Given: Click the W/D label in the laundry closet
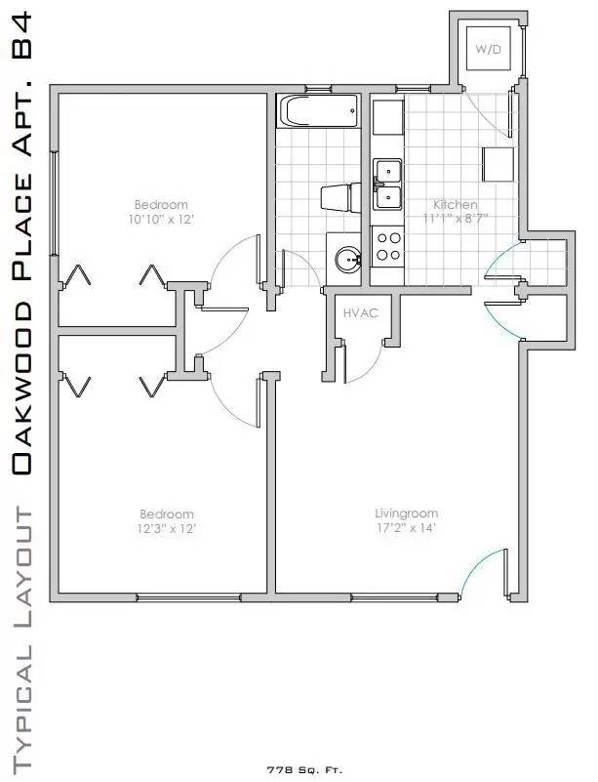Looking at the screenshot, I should pyautogui.click(x=487, y=49).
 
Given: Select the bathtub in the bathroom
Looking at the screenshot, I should pyautogui.click(x=318, y=112).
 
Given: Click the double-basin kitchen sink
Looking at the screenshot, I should pyautogui.click(x=388, y=185).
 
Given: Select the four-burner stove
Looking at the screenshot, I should pyautogui.click(x=388, y=244).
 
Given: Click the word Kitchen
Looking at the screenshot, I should pyautogui.click(x=455, y=205).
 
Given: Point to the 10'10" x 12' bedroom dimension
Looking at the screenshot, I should pyautogui.click(x=161, y=220).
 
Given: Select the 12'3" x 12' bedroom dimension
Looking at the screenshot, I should pyautogui.click(x=167, y=528).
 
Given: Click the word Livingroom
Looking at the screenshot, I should pyautogui.click(x=406, y=514).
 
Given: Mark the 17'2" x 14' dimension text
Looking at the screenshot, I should pyautogui.click(x=406, y=528).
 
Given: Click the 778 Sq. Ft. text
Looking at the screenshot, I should pyautogui.click(x=304, y=770).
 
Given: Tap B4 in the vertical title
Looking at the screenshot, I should pyautogui.click(x=21, y=36).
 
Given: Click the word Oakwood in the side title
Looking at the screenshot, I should pyautogui.click(x=21, y=391).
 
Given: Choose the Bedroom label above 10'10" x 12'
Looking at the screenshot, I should pyautogui.click(x=161, y=205).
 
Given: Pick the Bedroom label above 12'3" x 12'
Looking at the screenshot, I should pyautogui.click(x=167, y=514).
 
